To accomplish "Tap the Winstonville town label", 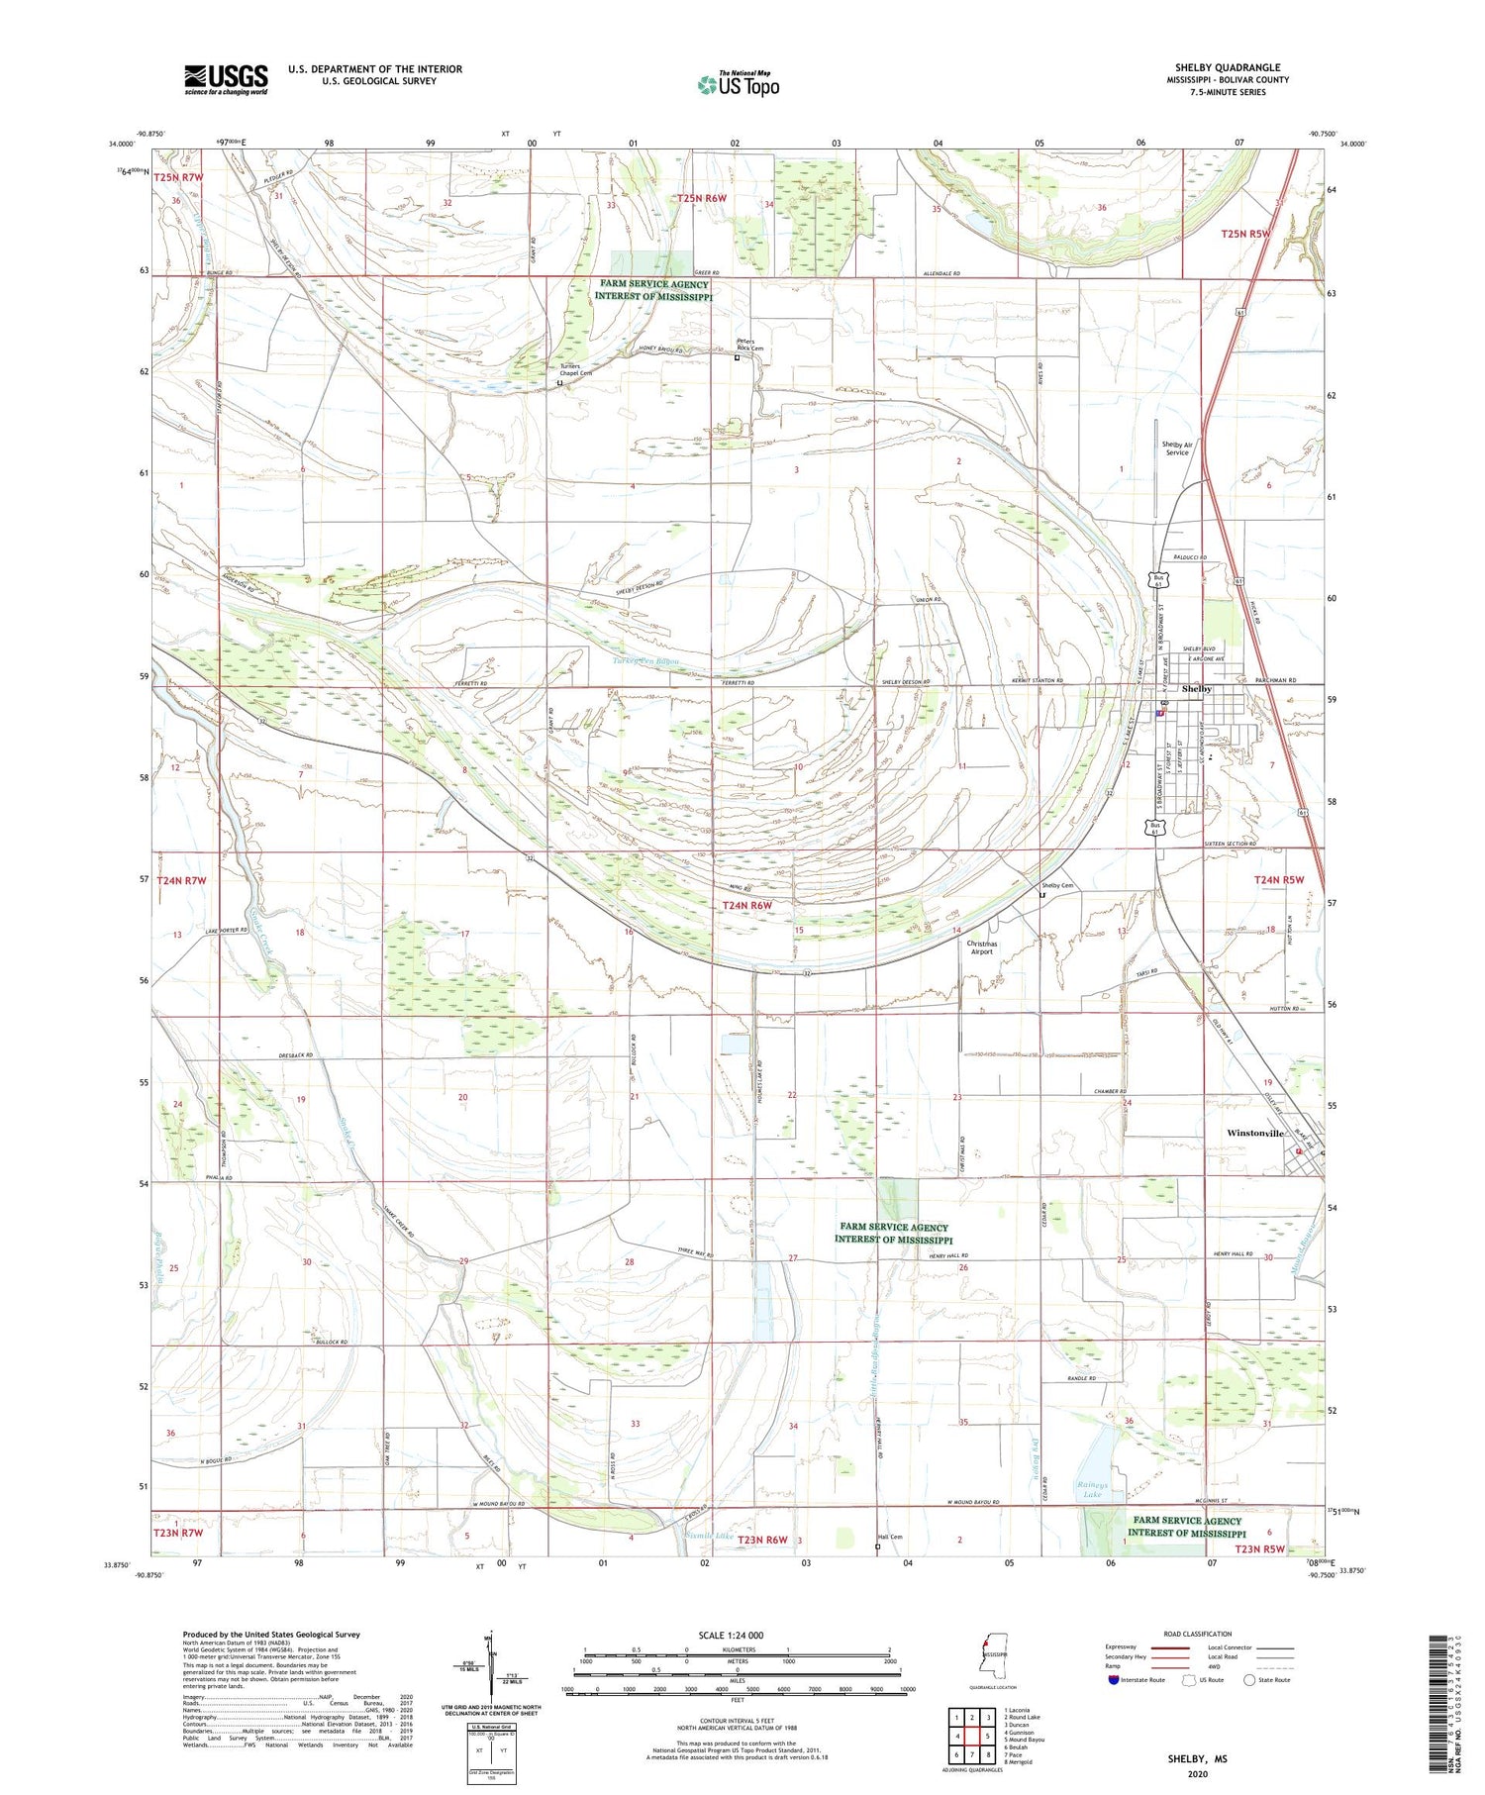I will [1254, 1133].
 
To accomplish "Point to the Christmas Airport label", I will [981, 947].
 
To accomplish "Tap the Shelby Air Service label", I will [1176, 449].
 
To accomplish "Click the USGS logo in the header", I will [226, 79].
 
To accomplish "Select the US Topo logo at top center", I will [738, 85].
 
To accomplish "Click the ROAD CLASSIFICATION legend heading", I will [1197, 1634].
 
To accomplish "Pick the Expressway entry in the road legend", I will [1125, 1647].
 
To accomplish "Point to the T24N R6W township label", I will [746, 905].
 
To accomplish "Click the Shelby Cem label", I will [1056, 885].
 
